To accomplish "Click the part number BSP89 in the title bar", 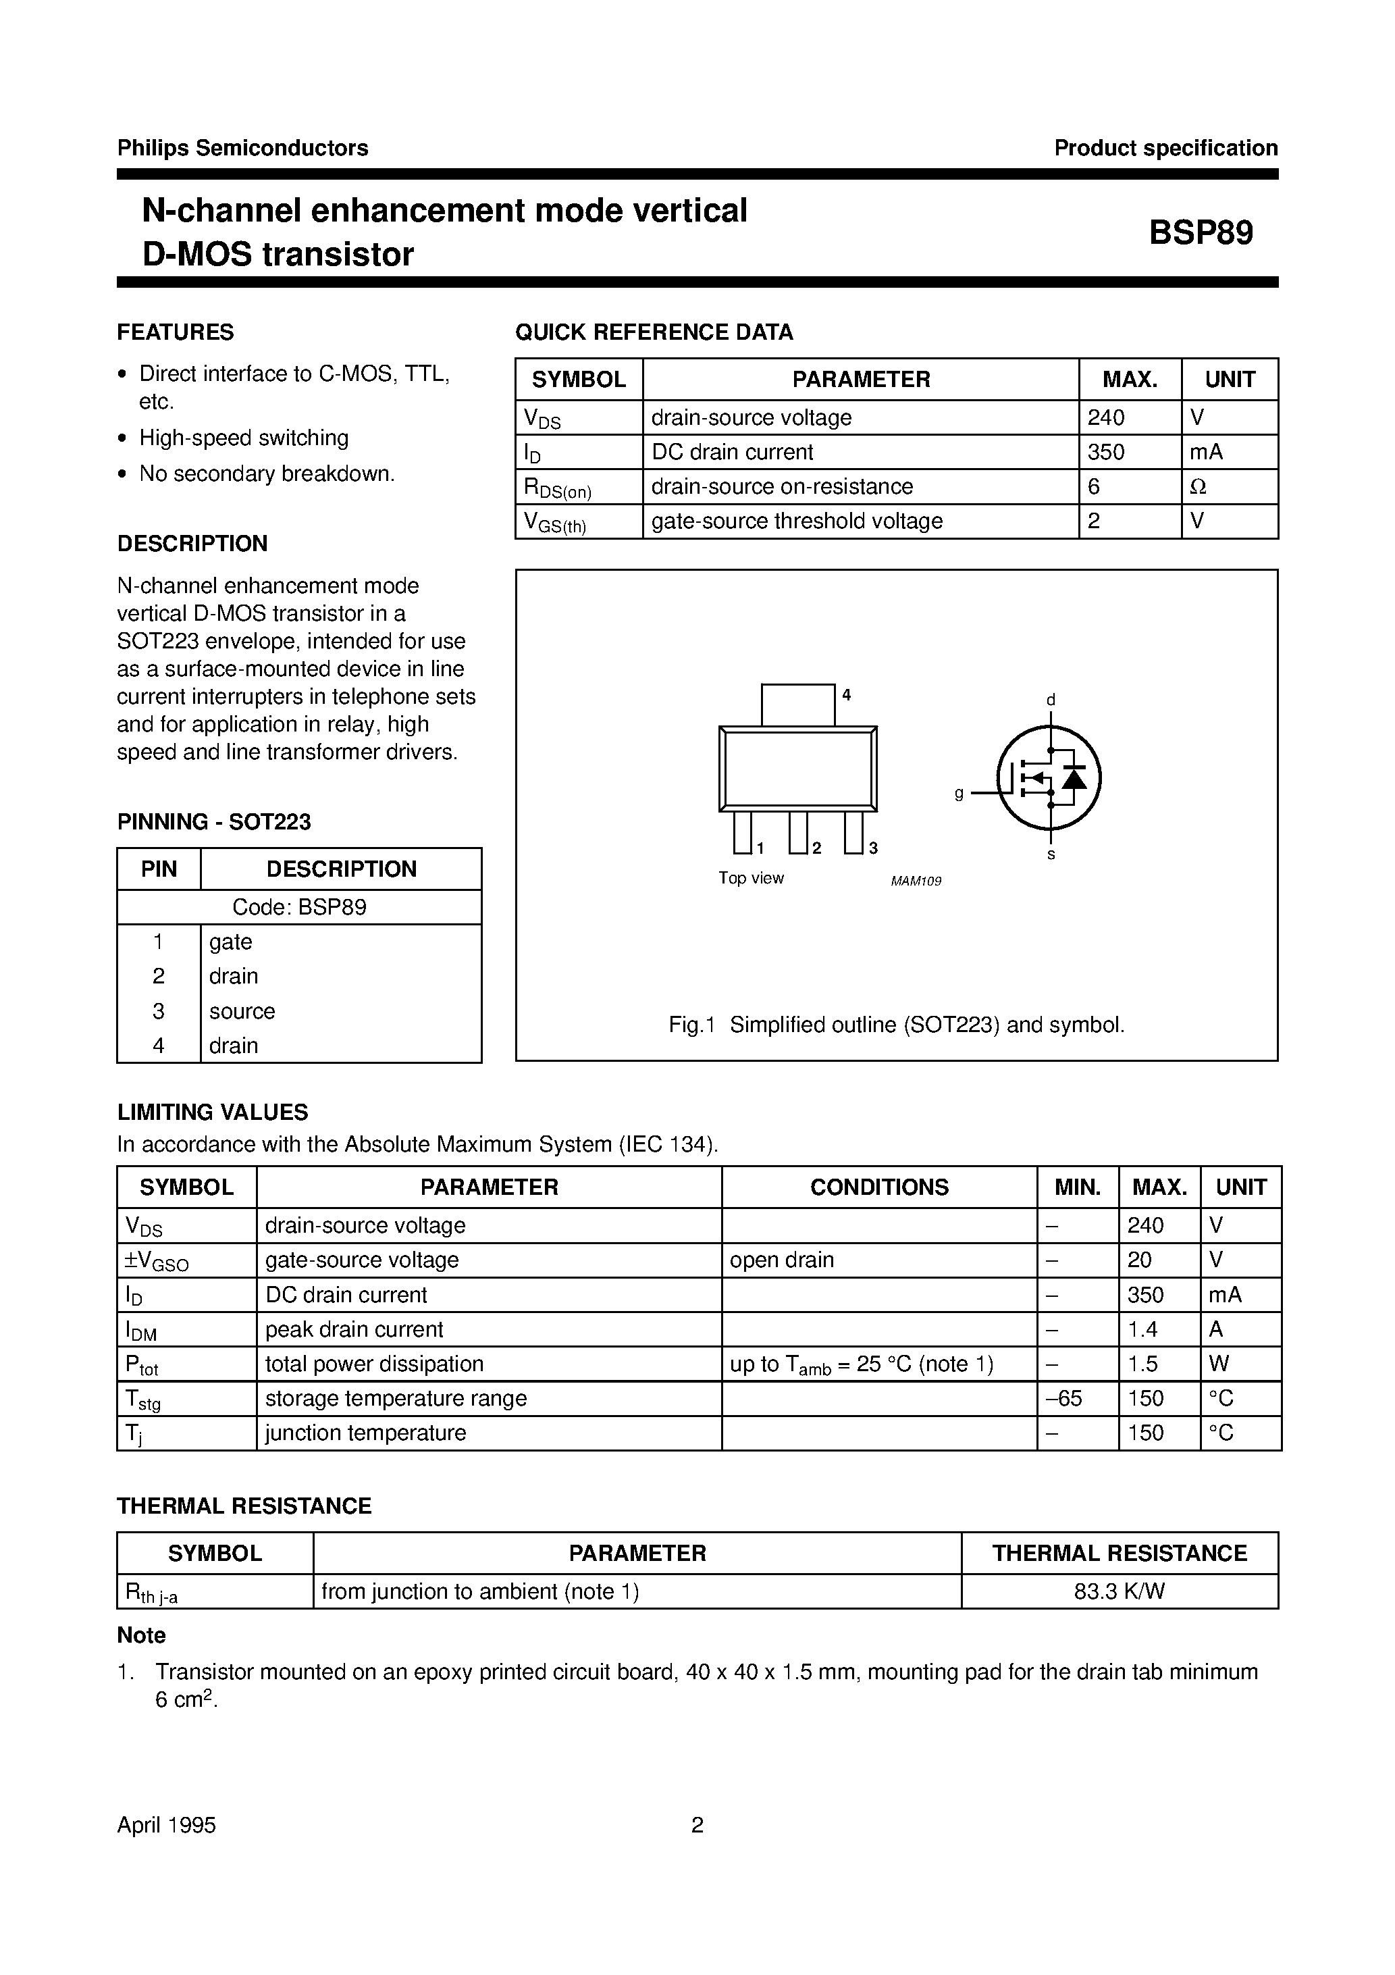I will point(1201,233).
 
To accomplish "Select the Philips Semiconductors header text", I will point(242,148).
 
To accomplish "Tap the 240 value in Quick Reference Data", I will point(1105,417).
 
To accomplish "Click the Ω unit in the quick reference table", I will point(1197,487).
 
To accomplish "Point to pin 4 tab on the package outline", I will point(797,704).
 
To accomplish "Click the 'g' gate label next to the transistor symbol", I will point(959,793).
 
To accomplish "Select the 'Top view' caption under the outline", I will point(751,878).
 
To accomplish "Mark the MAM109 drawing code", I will point(916,881).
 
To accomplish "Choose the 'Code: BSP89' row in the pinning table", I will point(299,908).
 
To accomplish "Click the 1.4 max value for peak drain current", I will point(1143,1329).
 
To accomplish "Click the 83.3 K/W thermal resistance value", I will point(1119,1591).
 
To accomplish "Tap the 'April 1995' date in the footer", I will point(167,1825).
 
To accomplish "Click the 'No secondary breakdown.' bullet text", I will point(267,474).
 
